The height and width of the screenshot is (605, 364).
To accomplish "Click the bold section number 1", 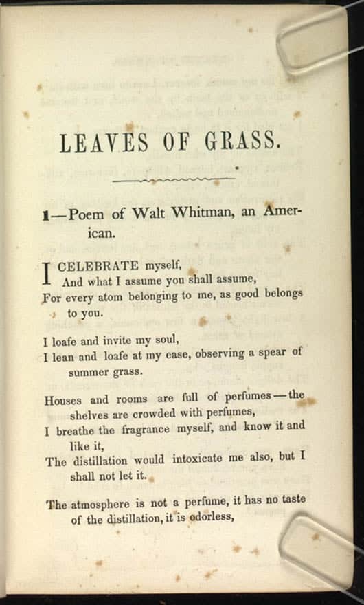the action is coord(45,215).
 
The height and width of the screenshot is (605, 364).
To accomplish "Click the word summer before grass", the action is coord(91,371).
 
